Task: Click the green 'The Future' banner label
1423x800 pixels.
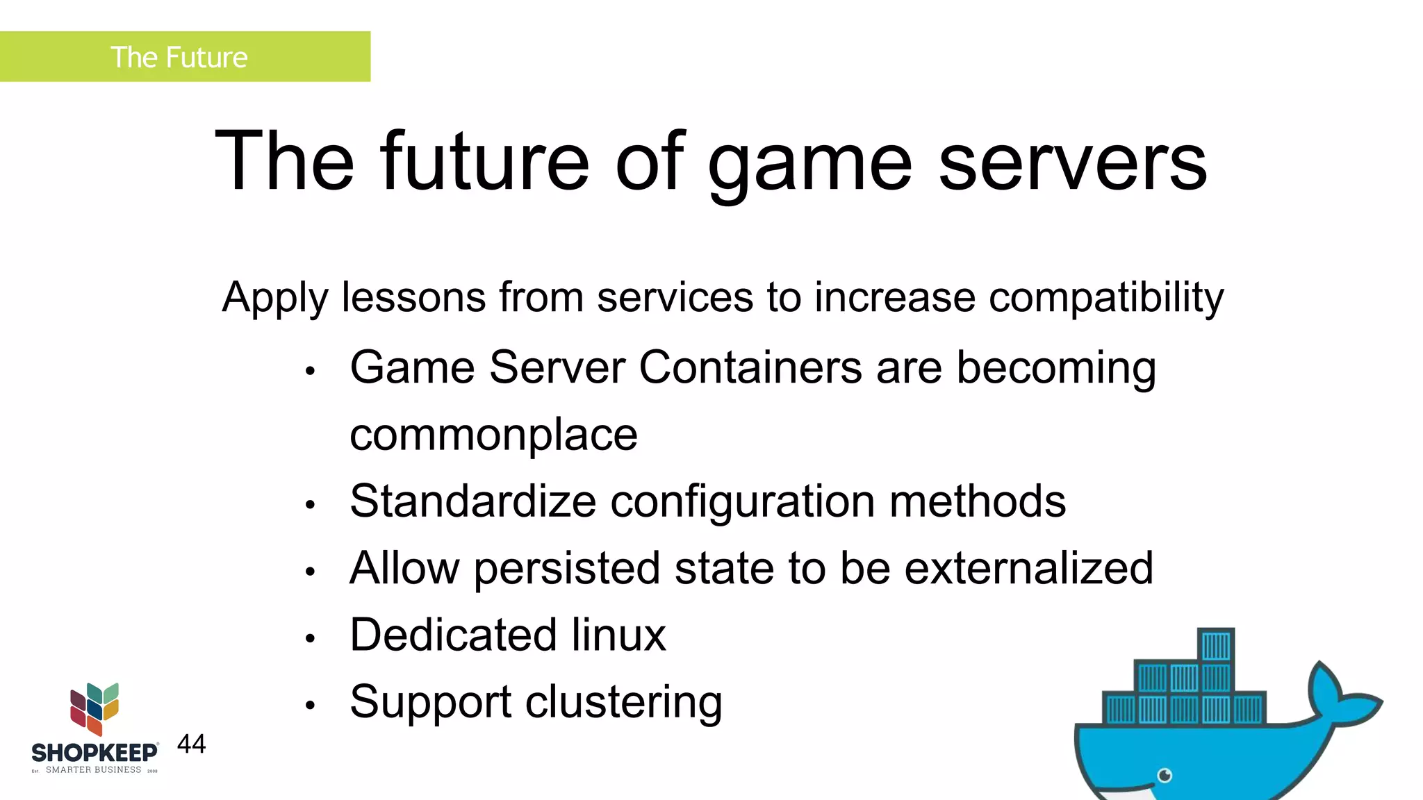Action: [179, 57]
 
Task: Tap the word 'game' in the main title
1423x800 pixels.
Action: [809, 162]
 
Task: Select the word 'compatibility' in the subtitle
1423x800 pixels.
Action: [1105, 297]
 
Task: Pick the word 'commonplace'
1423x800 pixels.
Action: [493, 435]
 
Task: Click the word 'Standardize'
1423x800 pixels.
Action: [472, 501]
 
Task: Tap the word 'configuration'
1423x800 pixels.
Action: [742, 501]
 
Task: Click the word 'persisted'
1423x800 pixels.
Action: [567, 568]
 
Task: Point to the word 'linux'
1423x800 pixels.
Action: [618, 635]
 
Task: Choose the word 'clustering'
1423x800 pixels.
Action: [623, 702]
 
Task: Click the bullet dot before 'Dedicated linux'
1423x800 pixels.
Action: [311, 638]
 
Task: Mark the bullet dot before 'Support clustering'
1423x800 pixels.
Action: [311, 706]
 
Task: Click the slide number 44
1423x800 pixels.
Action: [191, 744]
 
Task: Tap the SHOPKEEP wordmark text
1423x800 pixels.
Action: [94, 753]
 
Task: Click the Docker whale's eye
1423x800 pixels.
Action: [1165, 775]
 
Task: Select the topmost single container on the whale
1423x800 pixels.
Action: [1216, 646]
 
